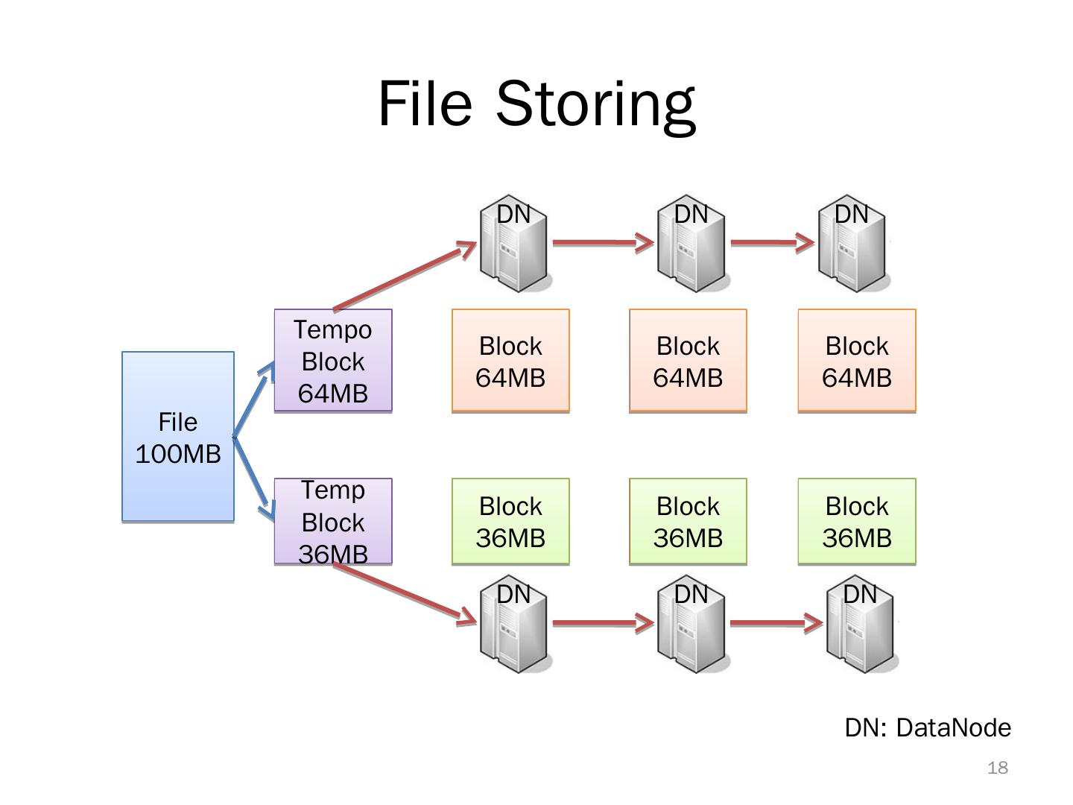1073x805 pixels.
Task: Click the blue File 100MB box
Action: tap(178, 437)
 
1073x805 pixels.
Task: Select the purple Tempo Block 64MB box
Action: tap(333, 361)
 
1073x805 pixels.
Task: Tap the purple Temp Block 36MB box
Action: tap(333, 522)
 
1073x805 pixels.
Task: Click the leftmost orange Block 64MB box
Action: tap(510, 361)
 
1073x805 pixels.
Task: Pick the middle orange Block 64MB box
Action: tap(688, 361)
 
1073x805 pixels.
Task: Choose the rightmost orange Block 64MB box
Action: tap(857, 361)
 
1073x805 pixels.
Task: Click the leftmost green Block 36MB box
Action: tap(510, 522)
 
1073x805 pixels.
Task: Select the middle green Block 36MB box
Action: tap(688, 522)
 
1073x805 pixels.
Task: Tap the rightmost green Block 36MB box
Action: tap(857, 522)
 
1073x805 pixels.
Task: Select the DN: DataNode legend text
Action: tap(928, 727)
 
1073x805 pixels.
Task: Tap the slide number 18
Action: tap(997, 768)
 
